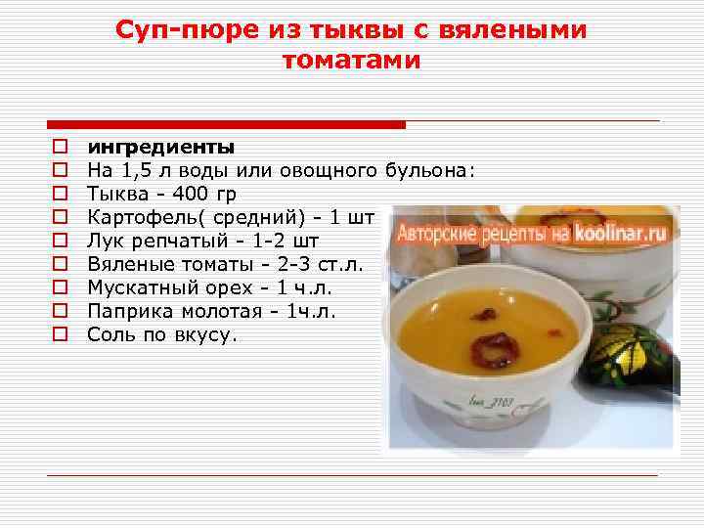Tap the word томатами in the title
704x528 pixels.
click(x=351, y=61)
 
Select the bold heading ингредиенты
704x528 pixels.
click(x=160, y=148)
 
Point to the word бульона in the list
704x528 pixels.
click(x=428, y=171)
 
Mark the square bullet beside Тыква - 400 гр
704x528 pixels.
click(x=59, y=194)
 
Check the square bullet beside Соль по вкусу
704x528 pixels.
click(x=59, y=334)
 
